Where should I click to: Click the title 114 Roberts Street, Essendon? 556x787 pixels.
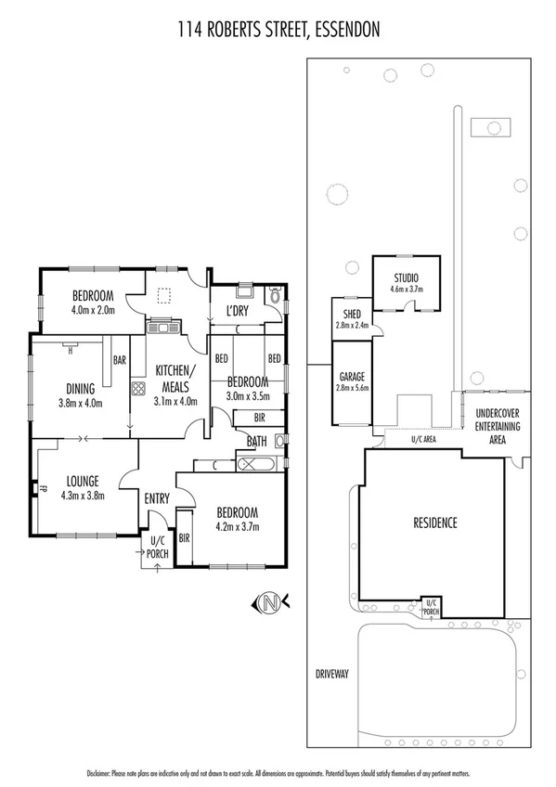tap(278, 30)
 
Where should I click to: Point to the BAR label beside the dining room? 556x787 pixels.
tap(119, 359)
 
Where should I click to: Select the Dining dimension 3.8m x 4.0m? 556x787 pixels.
tap(80, 403)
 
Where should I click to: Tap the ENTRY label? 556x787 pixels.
tap(157, 499)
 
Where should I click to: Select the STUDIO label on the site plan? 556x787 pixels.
tap(406, 277)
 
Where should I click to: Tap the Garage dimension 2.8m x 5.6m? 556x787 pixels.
tap(352, 388)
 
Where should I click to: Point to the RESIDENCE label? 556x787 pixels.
tap(434, 523)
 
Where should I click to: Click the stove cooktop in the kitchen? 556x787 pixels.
tap(137, 390)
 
